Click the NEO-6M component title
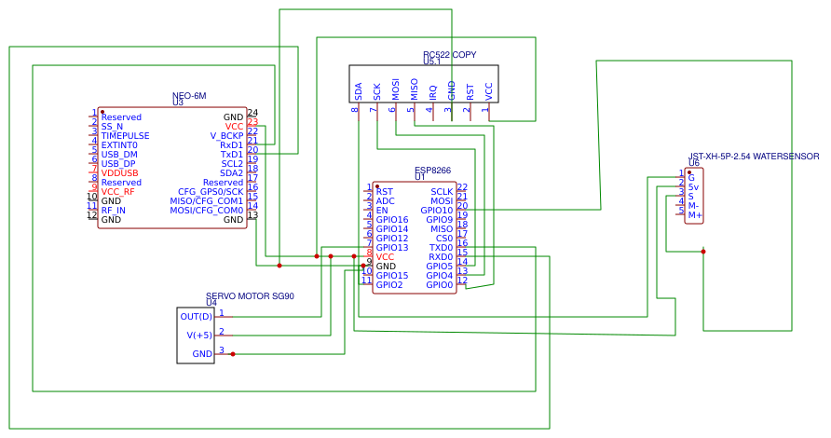[189, 96]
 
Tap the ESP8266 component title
[432, 171]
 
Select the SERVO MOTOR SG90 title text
[250, 296]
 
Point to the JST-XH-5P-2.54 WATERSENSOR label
[754, 157]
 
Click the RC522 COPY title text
[449, 55]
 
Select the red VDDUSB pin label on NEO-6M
[119, 173]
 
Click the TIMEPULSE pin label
[125, 136]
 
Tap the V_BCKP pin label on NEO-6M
[226, 136]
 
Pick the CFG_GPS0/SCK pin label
[211, 192]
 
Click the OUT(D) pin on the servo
[196, 317]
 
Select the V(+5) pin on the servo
[199, 335]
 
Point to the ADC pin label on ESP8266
[385, 201]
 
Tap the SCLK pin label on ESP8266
[442, 192]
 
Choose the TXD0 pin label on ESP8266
[441, 248]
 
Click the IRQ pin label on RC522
[432, 91]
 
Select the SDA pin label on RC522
[358, 91]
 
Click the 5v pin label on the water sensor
[693, 187]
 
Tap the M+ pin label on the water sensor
[695, 215]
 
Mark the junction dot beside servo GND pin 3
[232, 354]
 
